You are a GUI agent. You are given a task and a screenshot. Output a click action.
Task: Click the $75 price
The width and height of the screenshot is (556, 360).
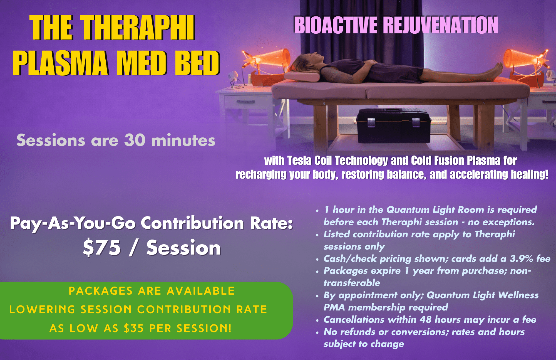tap(102, 247)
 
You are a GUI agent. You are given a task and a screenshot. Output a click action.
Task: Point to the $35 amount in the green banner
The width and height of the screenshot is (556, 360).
tap(134, 328)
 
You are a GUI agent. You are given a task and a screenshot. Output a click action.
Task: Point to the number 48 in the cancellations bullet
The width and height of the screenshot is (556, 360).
tap(426, 319)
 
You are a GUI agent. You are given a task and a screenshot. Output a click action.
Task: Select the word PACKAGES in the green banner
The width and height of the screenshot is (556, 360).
tap(101, 291)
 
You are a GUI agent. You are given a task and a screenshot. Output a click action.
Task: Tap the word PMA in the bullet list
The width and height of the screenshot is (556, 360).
tap(334, 307)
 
